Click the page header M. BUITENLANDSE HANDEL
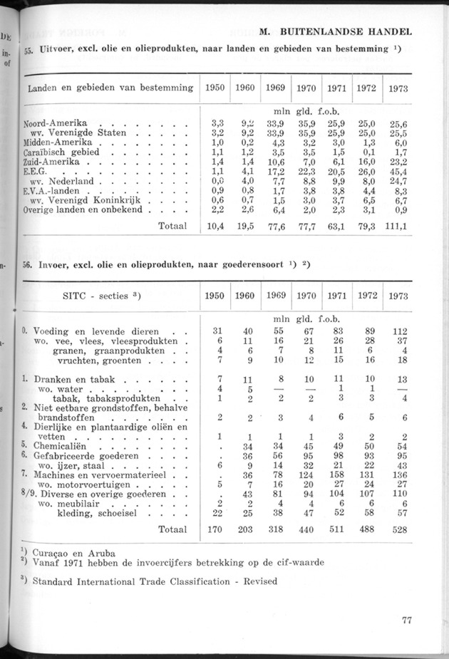(x=337, y=32)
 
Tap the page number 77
(x=407, y=619)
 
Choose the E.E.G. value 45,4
(x=398, y=172)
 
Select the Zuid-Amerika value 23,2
(x=398, y=162)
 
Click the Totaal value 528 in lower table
(x=398, y=529)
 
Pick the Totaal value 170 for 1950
(x=211, y=529)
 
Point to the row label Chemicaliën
(x=61, y=447)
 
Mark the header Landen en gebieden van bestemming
(x=110, y=88)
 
